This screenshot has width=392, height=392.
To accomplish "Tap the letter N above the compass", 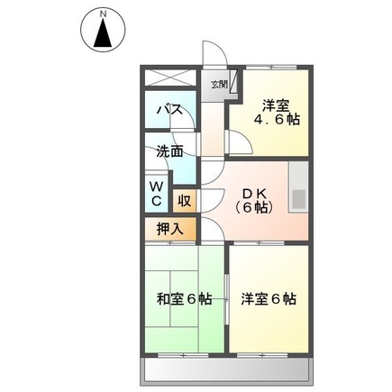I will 105,14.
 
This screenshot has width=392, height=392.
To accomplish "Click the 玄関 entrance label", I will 218,85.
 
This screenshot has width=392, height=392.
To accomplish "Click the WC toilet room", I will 155,192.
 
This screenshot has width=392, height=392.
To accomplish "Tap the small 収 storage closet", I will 182,200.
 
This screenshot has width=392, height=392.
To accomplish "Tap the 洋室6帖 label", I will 269,299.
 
